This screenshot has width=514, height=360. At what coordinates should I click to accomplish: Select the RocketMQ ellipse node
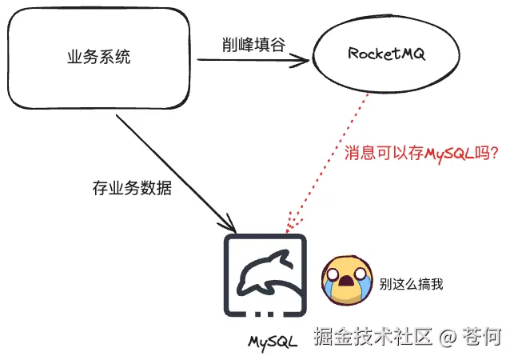coord(386,54)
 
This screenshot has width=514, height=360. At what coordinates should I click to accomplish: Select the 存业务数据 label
coord(132,190)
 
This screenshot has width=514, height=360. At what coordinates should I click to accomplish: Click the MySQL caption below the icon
coord(273,341)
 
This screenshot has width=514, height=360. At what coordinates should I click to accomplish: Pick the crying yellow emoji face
coord(345,281)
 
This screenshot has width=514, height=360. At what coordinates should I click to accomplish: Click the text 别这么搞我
coord(411,283)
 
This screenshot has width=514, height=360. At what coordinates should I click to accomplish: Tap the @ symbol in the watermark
coord(448,337)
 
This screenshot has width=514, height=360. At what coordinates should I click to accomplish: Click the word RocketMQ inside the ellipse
coord(386,54)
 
